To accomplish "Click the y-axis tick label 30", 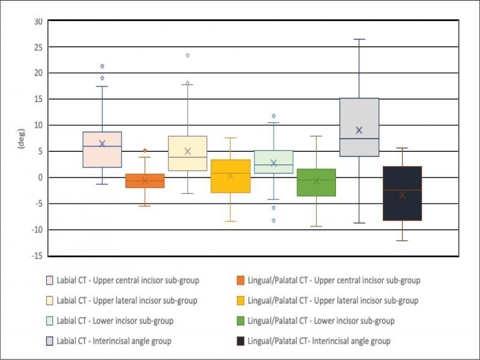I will tap(38, 21).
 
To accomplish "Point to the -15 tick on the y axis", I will tap(37, 256).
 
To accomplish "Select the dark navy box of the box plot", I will tap(402, 193).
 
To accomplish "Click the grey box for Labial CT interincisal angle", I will tap(359, 127).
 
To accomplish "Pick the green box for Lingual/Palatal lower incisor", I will tap(316, 182).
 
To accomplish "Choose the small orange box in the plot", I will tap(145, 181).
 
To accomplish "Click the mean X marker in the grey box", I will tap(359, 130).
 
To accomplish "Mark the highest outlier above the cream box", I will tap(187, 55).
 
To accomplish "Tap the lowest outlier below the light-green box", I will tap(273, 220).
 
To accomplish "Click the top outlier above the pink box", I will tap(102, 66).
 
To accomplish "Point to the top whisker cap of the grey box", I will tap(359, 39).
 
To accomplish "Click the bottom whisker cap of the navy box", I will tap(402, 241).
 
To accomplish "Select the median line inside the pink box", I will tap(102, 146).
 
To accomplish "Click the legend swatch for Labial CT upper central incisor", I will tap(50, 280).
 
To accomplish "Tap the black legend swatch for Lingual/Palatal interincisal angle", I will tap(241, 341).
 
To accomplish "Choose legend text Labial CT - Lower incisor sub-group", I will tap(115, 321).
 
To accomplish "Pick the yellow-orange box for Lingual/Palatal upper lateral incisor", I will tap(230, 176).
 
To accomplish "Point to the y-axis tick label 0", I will tap(40, 178).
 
